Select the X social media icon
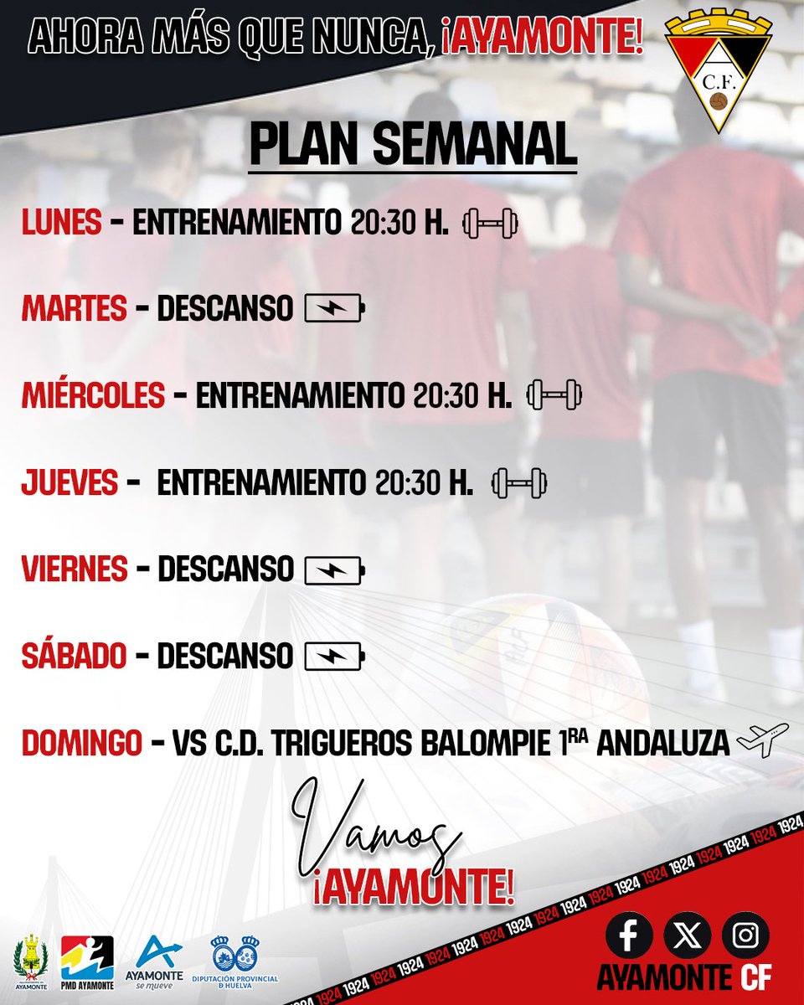click(x=687, y=935)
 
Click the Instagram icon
click(x=744, y=935)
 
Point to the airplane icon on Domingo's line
click(x=762, y=740)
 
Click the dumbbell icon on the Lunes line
click(x=491, y=223)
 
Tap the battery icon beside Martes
click(x=335, y=310)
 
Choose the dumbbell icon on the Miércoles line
click(x=553, y=395)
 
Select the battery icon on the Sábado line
click(x=335, y=657)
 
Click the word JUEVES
click(x=70, y=483)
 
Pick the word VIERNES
click(x=75, y=570)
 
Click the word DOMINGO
click(x=81, y=743)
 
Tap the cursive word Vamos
click(x=377, y=829)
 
